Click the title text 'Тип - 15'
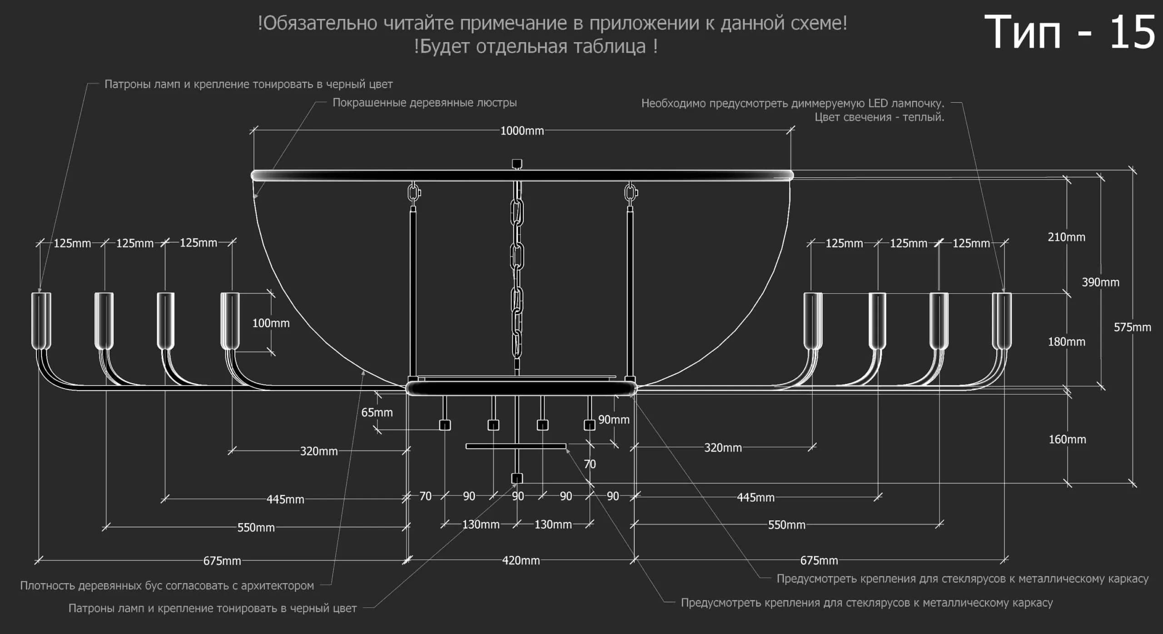coord(1069,32)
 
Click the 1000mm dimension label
coord(522,131)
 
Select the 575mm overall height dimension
coord(1132,327)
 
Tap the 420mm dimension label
coord(521,560)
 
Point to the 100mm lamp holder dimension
coord(271,323)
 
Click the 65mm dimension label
coord(377,412)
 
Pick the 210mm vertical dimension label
coord(1066,237)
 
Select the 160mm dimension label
coord(1067,439)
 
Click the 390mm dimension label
coord(1100,282)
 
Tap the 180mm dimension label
coord(1066,342)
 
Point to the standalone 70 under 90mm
coord(590,464)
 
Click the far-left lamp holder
coord(41,321)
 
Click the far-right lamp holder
coord(1002,321)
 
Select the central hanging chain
coord(517,277)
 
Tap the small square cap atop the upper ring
coord(517,163)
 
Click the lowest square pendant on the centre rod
coord(517,478)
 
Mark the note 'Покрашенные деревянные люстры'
coord(425,103)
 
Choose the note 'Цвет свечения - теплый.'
coord(880,117)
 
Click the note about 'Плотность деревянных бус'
coord(167,585)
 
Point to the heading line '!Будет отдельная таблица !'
coord(536,46)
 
